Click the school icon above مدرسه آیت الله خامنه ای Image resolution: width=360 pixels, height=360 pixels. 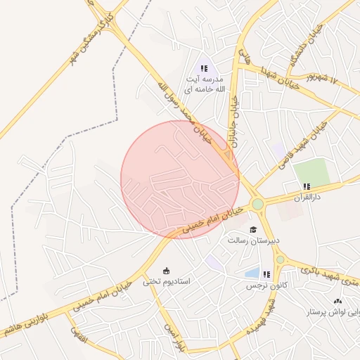point(204,68)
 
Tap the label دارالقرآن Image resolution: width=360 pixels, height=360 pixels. point(307,198)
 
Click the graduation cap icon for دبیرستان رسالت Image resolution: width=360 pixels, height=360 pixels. point(252,229)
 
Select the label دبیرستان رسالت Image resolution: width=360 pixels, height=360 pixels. point(253,240)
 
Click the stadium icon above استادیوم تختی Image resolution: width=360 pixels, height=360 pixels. point(167,271)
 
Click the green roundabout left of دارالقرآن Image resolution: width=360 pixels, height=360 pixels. point(257,205)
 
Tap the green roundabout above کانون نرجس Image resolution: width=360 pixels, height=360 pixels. point(280,259)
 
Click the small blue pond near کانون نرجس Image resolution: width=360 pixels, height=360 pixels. point(251,273)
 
